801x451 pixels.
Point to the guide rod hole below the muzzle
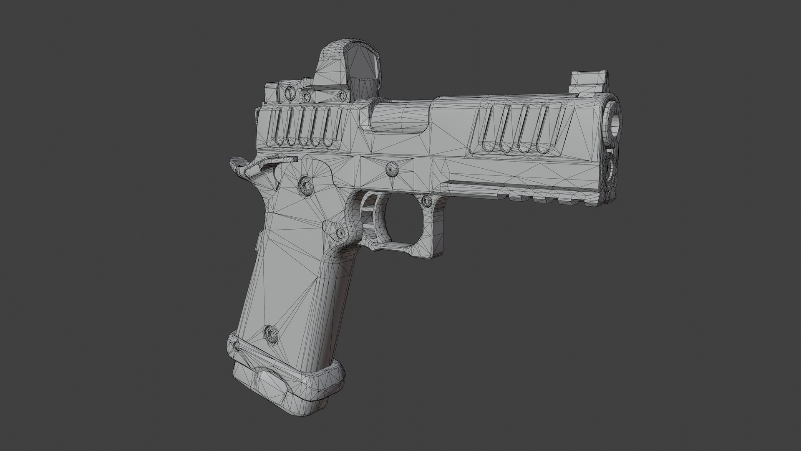coord(610,167)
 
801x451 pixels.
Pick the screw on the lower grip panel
coord(271,334)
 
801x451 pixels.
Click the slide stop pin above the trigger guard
coord(392,169)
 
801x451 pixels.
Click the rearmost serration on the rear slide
coord(277,127)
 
